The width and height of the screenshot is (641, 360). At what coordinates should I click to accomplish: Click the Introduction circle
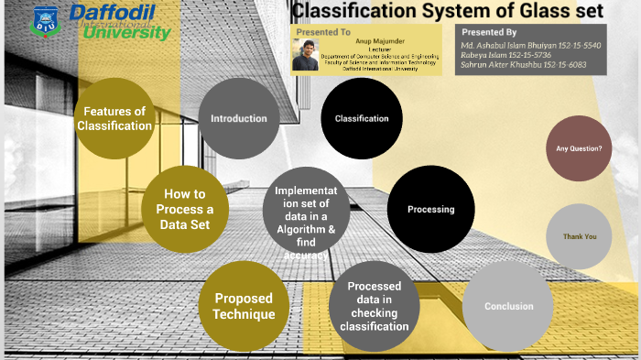pos(239,118)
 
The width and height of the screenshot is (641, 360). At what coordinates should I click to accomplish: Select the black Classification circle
pos(362,118)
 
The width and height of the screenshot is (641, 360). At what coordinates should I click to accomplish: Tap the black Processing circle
pos(430,209)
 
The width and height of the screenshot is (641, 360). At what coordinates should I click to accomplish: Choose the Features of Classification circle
pos(114,118)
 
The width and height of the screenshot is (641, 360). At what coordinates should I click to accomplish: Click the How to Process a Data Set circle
pos(183,209)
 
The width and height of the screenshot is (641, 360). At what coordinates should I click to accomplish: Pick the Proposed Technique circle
pos(244,307)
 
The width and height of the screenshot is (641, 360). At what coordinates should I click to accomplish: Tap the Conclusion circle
pos(508,307)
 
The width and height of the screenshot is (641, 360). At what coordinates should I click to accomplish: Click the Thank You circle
pos(580,236)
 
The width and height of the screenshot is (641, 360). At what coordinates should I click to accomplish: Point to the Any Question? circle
pos(580,147)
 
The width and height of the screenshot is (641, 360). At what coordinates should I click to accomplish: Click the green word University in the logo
pos(126,33)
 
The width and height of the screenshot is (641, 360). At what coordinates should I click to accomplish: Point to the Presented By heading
pos(483,31)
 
